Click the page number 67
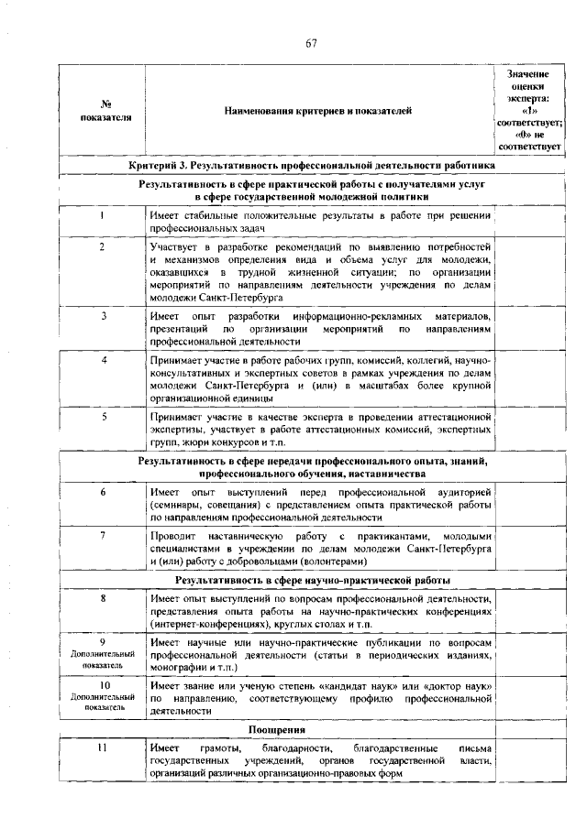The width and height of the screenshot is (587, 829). (312, 44)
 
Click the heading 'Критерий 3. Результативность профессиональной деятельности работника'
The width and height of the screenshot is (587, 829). (313, 165)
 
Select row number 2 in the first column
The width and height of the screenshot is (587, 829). (102, 247)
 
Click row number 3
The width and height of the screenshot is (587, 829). (102, 315)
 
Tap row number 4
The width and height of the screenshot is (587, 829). (102, 360)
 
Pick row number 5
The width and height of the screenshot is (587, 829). (102, 416)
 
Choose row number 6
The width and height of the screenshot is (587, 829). (102, 493)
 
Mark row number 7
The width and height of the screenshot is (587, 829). (102, 534)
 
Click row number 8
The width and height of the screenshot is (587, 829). (102, 598)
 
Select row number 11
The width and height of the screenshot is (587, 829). (102, 748)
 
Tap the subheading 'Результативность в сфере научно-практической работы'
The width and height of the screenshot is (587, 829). (313, 581)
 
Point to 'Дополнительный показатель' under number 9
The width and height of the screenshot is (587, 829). (103, 660)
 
